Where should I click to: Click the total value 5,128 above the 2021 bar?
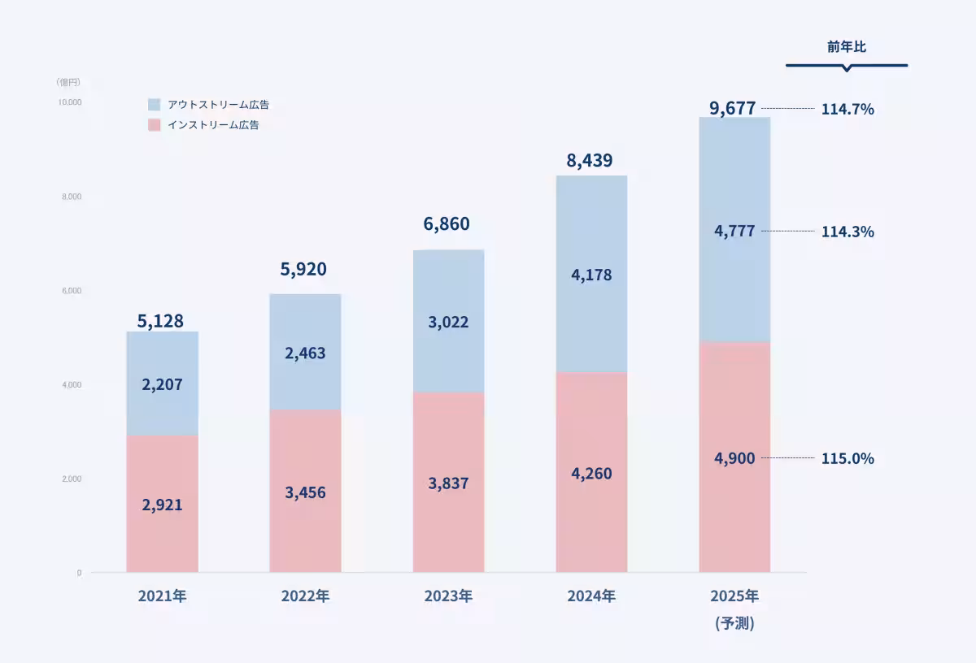coord(160,321)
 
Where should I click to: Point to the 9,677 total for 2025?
coord(733,107)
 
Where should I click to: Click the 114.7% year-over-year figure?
coord(847,109)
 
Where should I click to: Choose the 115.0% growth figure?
coord(847,459)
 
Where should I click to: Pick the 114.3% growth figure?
coord(847,232)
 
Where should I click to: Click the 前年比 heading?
coord(847,47)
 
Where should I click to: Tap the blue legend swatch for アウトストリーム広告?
coord(155,105)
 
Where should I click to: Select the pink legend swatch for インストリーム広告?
coord(155,125)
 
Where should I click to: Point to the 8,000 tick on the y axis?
coord(70,197)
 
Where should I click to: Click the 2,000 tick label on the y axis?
coord(70,479)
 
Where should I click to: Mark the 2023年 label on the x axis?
coord(448,596)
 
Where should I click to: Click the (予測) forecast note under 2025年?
coord(734,624)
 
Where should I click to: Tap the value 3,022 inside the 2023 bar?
coord(448,323)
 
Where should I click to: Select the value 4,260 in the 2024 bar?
coord(591,474)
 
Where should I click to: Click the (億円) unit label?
coord(68,82)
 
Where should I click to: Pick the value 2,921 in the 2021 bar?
coord(162,505)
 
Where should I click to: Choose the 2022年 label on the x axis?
coord(305,596)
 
